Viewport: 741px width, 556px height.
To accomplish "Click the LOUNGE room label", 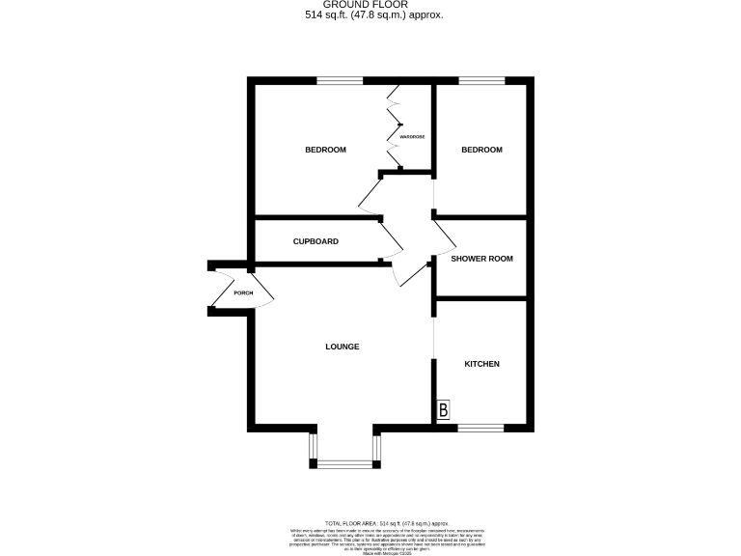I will pyautogui.click(x=342, y=347).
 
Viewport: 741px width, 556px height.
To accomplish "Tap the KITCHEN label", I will pyautogui.click(x=481, y=364).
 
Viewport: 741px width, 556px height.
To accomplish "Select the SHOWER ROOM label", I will pyautogui.click(x=481, y=259).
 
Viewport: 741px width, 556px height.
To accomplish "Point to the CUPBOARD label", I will pyautogui.click(x=316, y=241).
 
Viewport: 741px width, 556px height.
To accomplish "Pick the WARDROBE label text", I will pyautogui.click(x=413, y=137).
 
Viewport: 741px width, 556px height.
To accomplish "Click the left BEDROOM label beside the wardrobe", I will pyautogui.click(x=325, y=150).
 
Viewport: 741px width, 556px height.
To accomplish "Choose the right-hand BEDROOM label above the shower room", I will pyautogui.click(x=481, y=150).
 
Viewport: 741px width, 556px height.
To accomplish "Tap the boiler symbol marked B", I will pyautogui.click(x=443, y=410).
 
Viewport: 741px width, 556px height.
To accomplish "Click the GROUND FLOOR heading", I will pyautogui.click(x=370, y=5).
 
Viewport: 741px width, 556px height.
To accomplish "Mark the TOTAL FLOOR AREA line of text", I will pyautogui.click(x=370, y=522).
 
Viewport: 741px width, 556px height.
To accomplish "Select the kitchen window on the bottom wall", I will pyautogui.click(x=480, y=426).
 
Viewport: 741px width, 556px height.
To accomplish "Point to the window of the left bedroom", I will pyautogui.click(x=343, y=80).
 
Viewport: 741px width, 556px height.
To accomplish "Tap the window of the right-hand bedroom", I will pyautogui.click(x=480, y=80).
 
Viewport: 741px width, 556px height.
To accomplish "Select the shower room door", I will pyautogui.click(x=442, y=235).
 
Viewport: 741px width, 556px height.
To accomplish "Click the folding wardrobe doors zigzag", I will pyautogui.click(x=396, y=125).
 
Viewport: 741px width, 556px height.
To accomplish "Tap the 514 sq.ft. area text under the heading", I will pyautogui.click(x=370, y=15).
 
